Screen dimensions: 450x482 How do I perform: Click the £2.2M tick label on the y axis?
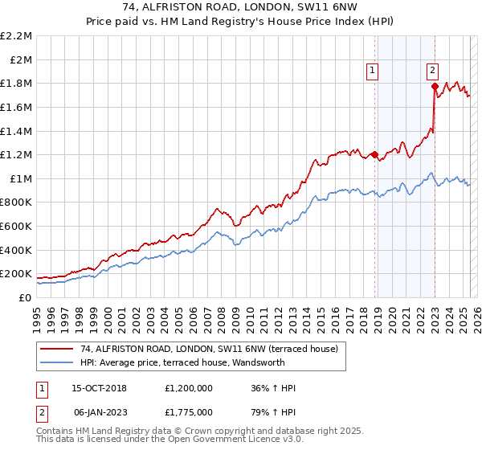17,36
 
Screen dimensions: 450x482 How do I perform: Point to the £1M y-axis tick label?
20,178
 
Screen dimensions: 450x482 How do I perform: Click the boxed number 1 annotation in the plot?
374,71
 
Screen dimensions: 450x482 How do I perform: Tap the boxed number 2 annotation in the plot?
432,71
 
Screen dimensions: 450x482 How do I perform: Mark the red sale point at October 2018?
374,155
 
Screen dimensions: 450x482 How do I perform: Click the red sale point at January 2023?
435,86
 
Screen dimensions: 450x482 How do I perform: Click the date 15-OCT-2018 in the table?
104,388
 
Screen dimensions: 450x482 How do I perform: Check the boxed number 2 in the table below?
41,411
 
